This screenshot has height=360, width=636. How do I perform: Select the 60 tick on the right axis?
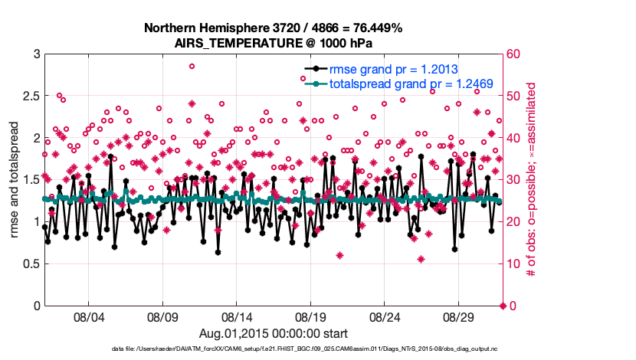coord(511,54)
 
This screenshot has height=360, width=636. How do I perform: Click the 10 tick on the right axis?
coord(511,264)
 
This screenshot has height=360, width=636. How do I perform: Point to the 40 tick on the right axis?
coord(511,139)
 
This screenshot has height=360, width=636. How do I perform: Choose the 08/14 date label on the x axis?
coord(237,316)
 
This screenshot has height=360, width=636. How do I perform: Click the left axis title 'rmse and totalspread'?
coord(15,180)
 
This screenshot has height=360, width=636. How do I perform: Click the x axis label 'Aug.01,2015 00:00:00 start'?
coord(274,333)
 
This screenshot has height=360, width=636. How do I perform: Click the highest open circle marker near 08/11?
coord(192,66)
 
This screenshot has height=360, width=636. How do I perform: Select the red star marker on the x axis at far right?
coord(503,306)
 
